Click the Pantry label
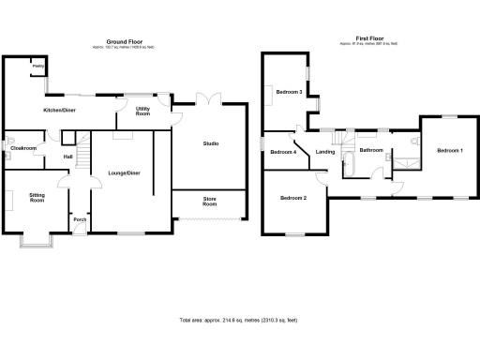(37, 67)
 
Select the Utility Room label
(143, 112)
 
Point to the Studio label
(211, 143)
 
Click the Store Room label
(210, 202)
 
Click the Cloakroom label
(23, 148)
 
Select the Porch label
(80, 221)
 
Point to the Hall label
(68, 157)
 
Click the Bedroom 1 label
(449, 151)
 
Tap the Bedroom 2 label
(293, 198)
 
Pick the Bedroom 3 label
(289, 92)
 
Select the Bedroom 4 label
(283, 152)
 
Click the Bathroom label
(372, 150)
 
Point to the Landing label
(325, 152)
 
